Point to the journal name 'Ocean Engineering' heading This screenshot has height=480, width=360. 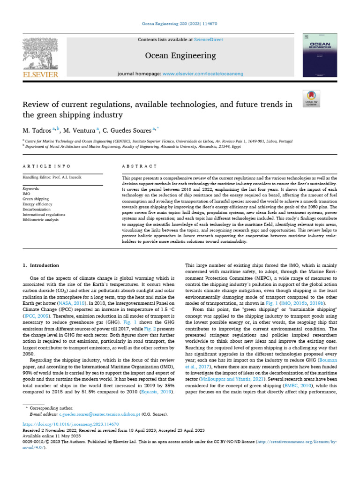coord(180,56)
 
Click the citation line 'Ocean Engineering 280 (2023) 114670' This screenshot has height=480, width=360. coord(180,23)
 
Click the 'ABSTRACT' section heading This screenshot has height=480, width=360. coord(139,166)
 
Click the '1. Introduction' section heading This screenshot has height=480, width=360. coord(41,265)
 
